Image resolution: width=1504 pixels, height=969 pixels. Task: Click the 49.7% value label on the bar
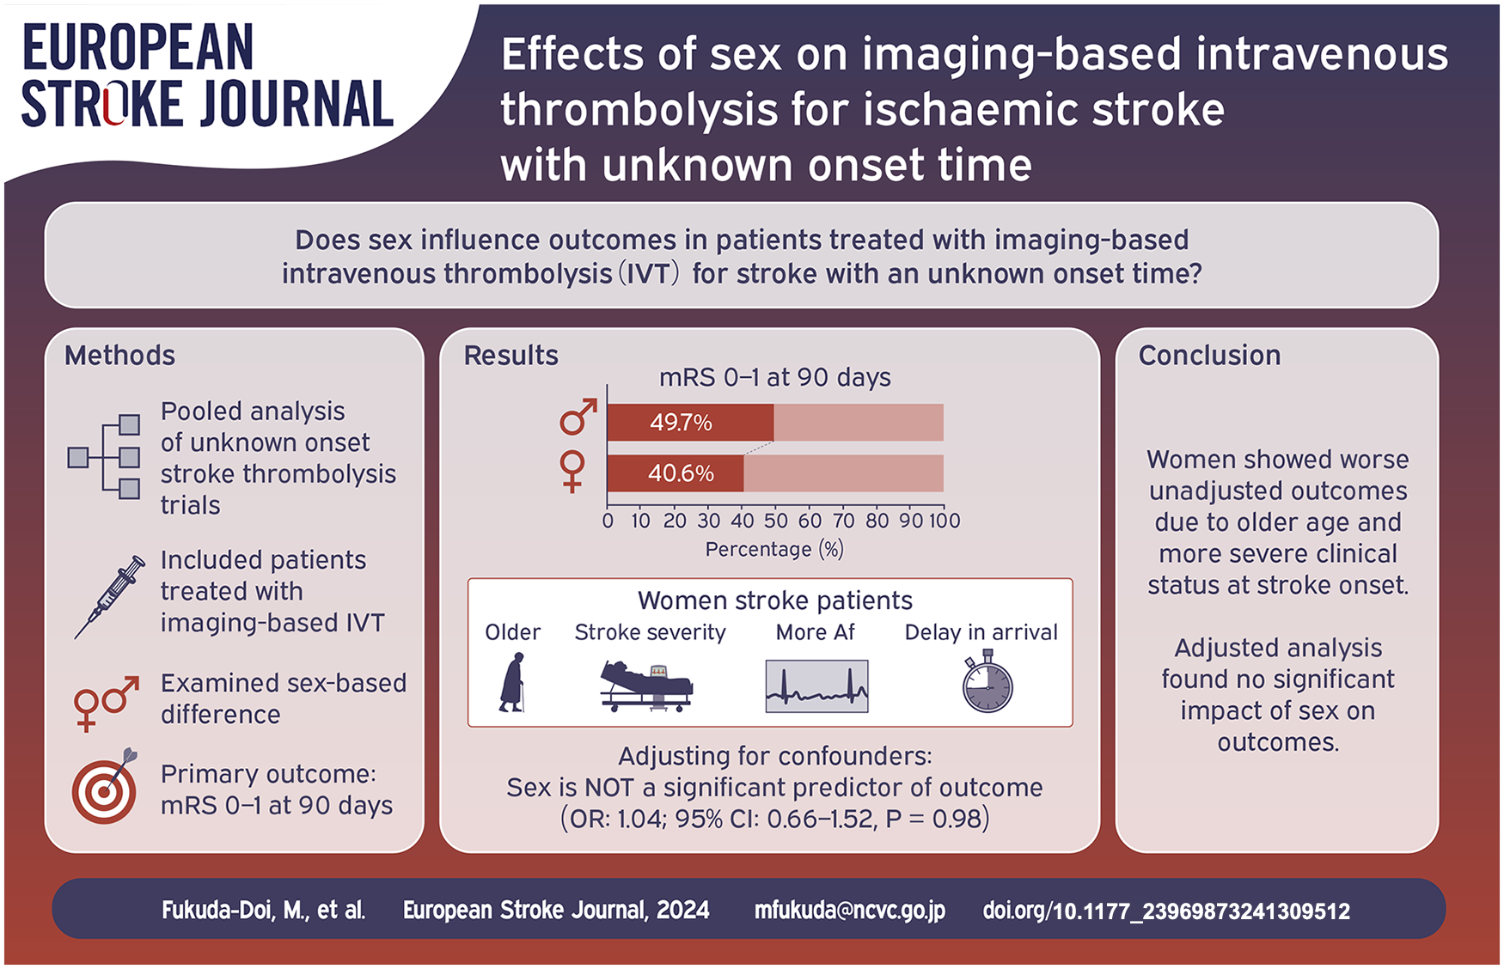point(681,423)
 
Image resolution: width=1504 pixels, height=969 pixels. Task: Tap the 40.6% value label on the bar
point(681,473)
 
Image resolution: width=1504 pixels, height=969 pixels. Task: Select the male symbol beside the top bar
point(578,417)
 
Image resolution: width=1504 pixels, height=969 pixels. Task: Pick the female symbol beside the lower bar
point(572,472)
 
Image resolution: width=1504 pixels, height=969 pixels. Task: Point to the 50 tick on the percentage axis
point(776,521)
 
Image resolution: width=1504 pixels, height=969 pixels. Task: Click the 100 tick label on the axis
point(944,521)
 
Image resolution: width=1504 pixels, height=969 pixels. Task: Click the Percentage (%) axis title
point(774,550)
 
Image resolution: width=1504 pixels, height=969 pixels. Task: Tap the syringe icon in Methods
point(109,597)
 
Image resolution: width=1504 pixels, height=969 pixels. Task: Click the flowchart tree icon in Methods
point(104,457)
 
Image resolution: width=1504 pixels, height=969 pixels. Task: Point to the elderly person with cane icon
point(512,683)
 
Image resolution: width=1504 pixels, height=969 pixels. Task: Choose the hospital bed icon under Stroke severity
point(647,686)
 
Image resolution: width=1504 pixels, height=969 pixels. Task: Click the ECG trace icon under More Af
point(816,686)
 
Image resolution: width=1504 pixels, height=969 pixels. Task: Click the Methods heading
point(119,356)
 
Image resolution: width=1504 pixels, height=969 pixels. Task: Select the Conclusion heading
point(1209,356)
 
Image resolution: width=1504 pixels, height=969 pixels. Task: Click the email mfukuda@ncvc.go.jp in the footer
point(850,911)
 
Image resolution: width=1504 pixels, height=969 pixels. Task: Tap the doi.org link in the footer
point(1166,911)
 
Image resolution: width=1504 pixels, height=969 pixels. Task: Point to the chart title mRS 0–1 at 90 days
point(774,378)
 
